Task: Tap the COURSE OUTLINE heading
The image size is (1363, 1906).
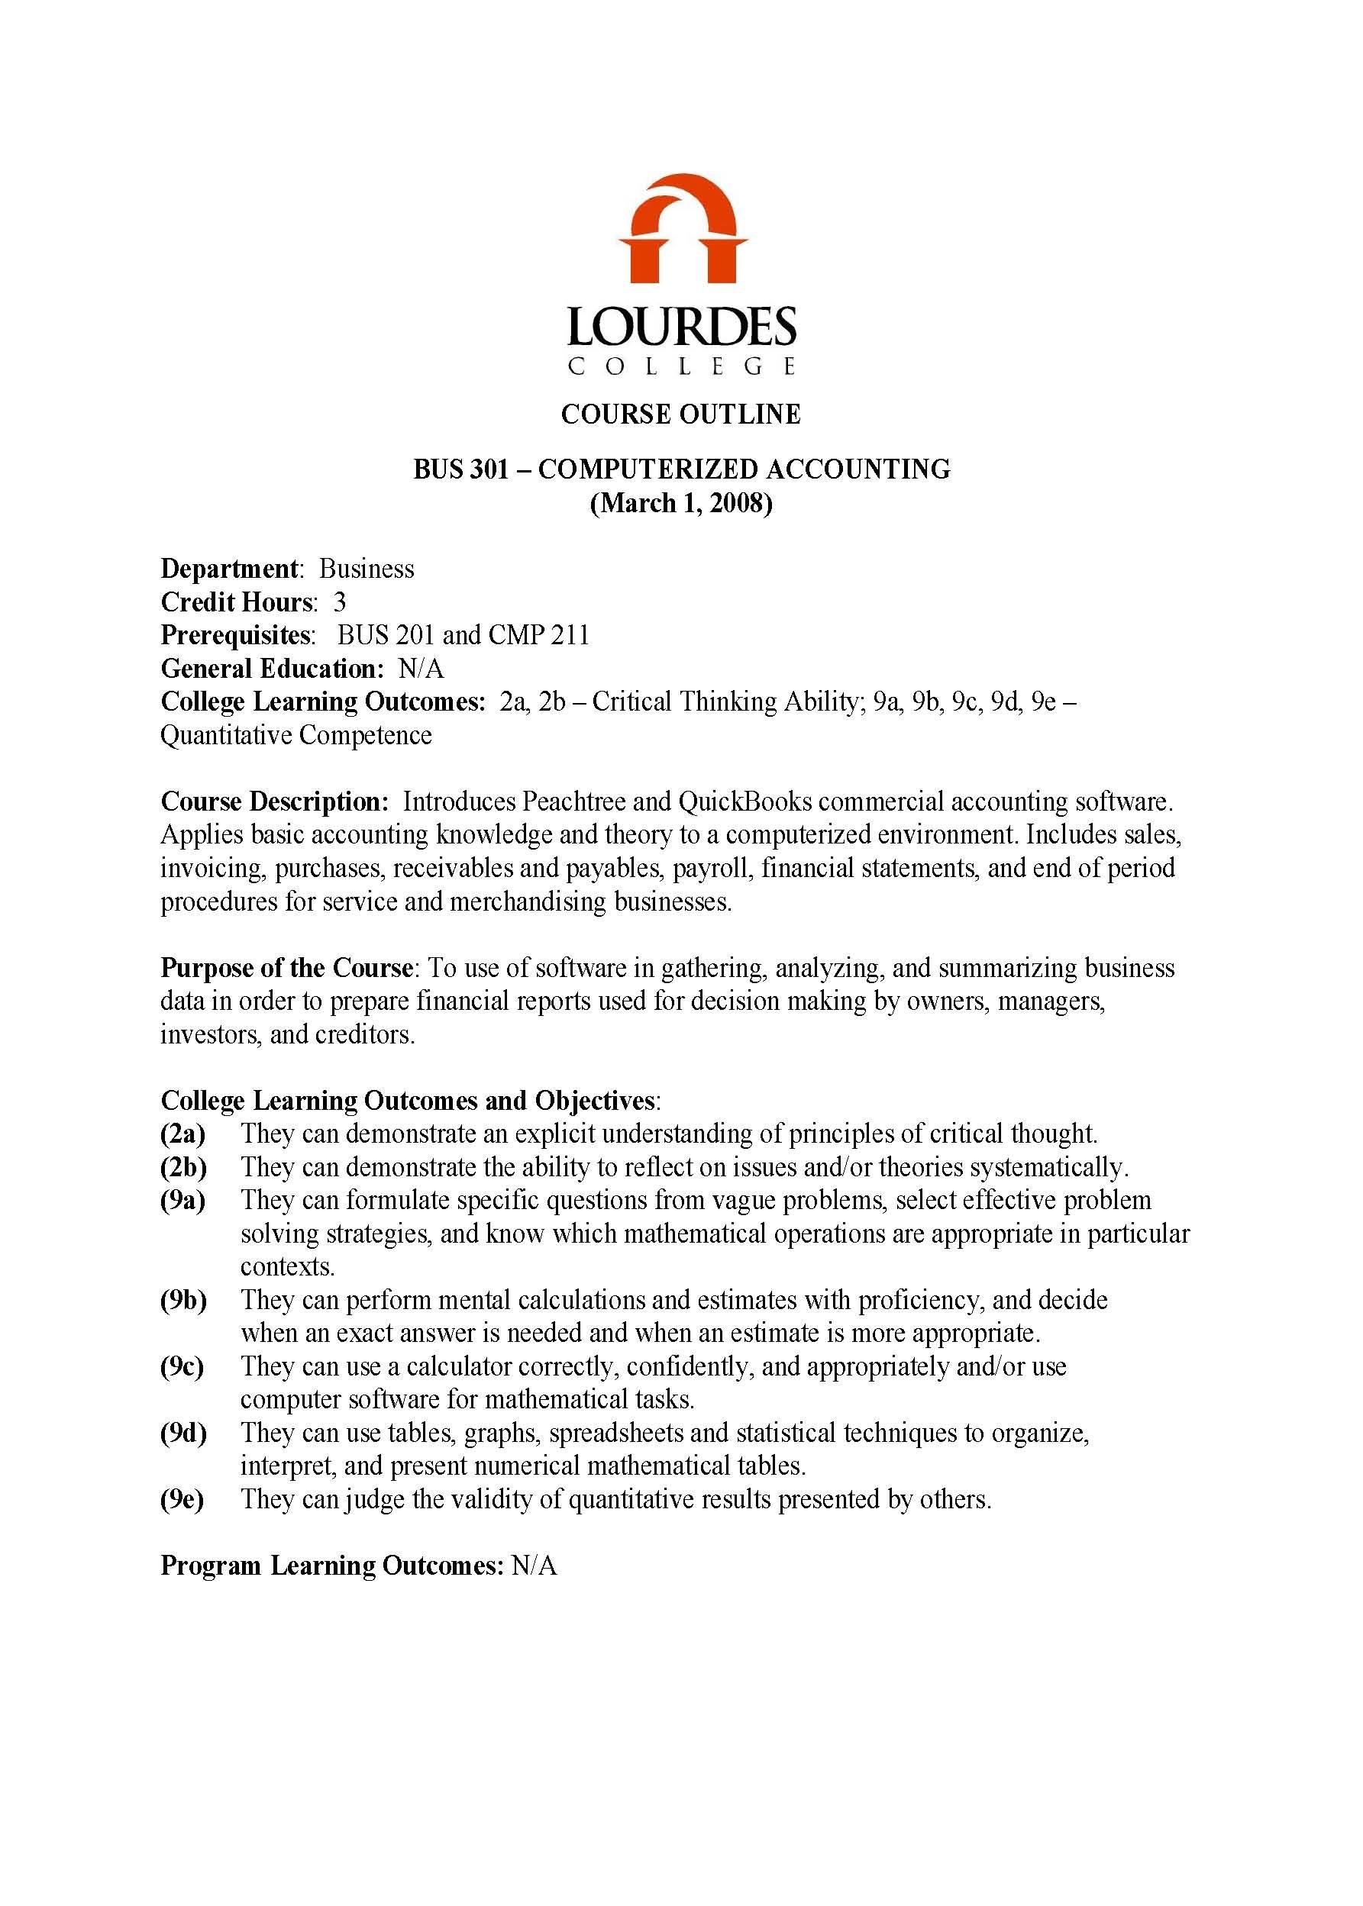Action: tap(680, 414)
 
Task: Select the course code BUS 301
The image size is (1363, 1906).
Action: tap(460, 469)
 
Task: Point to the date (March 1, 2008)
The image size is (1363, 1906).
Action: tap(680, 503)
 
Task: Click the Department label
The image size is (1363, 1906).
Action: tap(229, 569)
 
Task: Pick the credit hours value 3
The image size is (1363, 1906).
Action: tap(339, 602)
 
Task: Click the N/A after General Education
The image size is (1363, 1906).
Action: tap(421, 669)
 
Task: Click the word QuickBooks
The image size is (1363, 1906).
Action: tap(744, 801)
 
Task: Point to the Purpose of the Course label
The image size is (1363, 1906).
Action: tap(286, 968)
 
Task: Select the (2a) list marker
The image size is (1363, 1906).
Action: tap(183, 1134)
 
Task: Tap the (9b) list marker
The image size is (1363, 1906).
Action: tap(184, 1300)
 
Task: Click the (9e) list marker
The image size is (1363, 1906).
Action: tap(182, 1499)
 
